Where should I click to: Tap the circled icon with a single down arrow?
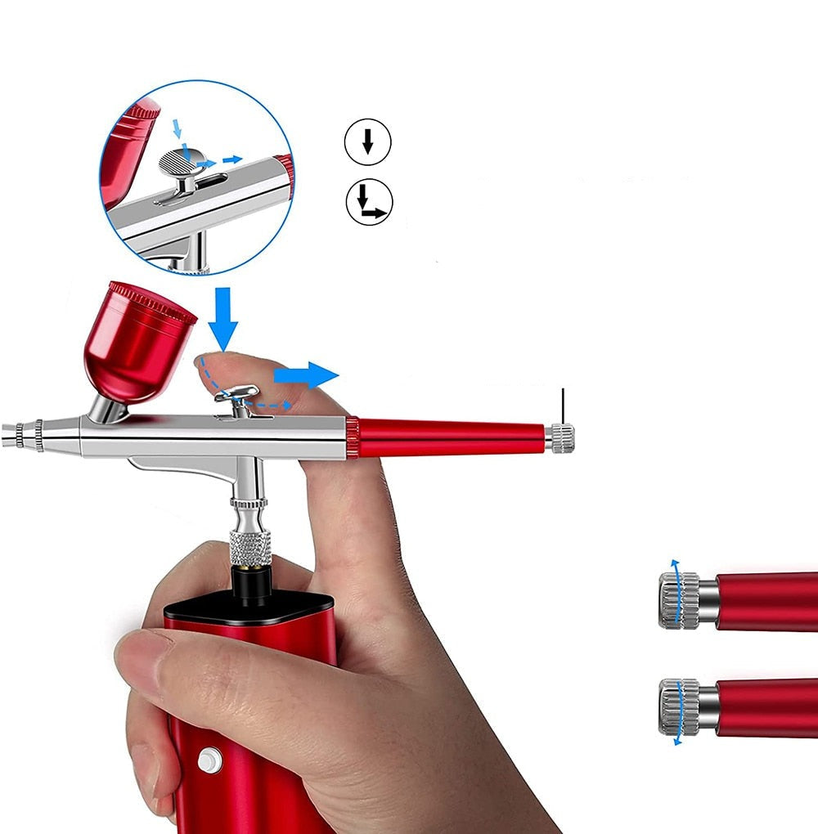pyautogui.click(x=367, y=143)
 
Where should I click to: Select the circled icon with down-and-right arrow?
pyautogui.click(x=369, y=202)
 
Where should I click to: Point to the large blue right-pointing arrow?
pyautogui.click(x=304, y=375)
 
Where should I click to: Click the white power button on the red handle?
pyautogui.click(x=210, y=760)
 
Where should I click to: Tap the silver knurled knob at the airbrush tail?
pyautogui.click(x=561, y=438)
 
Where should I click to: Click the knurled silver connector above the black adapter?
pyautogui.click(x=250, y=546)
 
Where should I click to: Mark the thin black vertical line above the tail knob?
pyautogui.click(x=563, y=406)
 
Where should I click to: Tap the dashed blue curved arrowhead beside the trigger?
pyautogui.click(x=285, y=404)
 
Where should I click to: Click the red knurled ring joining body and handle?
pyautogui.click(x=352, y=437)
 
